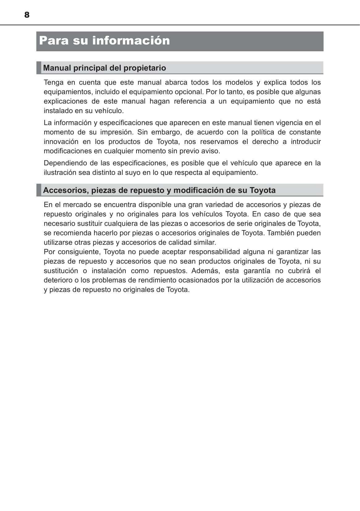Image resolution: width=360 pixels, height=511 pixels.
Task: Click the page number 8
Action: [27, 15]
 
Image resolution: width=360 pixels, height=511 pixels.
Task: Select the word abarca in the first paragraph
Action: [176, 82]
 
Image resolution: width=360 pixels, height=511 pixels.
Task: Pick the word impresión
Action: [116, 132]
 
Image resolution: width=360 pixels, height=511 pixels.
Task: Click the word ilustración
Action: [60, 172]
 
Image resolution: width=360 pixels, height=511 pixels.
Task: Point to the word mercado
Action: [77, 205]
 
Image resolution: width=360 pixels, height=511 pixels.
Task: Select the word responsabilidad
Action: [214, 252]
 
